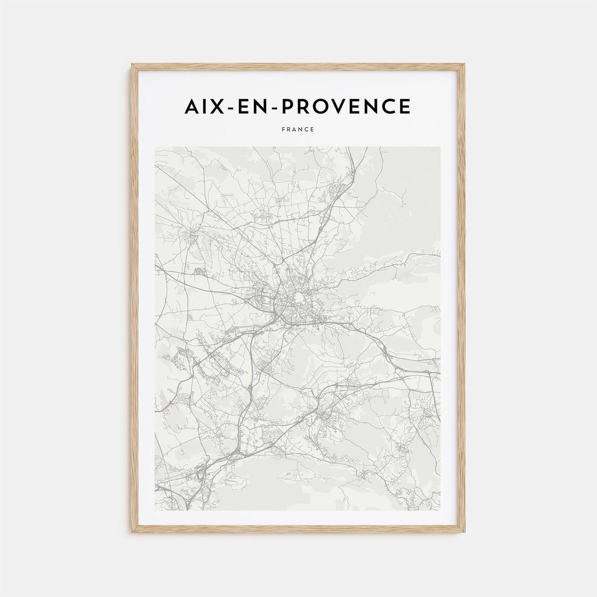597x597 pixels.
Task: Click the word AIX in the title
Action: pyautogui.click(x=206, y=106)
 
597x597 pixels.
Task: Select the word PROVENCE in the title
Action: pyautogui.click(x=348, y=106)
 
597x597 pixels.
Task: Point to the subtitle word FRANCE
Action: pyautogui.click(x=298, y=129)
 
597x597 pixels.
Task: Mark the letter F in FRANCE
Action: pyautogui.click(x=283, y=129)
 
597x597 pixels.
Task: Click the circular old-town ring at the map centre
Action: pyautogui.click(x=299, y=299)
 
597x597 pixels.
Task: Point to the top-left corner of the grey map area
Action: pyautogui.click(x=156, y=148)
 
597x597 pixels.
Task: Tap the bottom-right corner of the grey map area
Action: pyautogui.click(x=440, y=509)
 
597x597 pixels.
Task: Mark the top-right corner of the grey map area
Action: pyautogui.click(x=440, y=148)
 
